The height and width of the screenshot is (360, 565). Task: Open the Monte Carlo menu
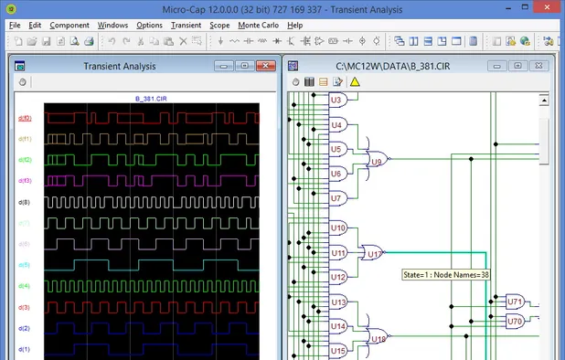(x=259, y=25)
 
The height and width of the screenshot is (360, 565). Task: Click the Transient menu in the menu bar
(x=186, y=25)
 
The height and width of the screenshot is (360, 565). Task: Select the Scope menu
(x=219, y=25)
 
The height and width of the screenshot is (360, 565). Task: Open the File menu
(x=15, y=25)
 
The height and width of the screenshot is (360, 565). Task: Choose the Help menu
(x=294, y=25)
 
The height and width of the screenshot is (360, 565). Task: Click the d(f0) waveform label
(x=25, y=119)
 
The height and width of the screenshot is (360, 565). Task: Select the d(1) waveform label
(x=25, y=349)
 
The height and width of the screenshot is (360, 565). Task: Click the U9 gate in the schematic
(x=376, y=161)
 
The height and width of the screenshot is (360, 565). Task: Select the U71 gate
(x=515, y=301)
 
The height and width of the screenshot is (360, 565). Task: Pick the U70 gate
(x=515, y=322)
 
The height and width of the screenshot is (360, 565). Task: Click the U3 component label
(x=336, y=99)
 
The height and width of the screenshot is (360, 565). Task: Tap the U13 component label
(x=338, y=302)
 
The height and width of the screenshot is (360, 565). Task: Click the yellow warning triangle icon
(x=354, y=82)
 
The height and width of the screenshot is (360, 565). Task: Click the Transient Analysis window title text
(x=119, y=66)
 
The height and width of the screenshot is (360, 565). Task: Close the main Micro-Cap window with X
(x=549, y=7)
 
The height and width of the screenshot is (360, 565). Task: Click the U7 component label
(x=336, y=197)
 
